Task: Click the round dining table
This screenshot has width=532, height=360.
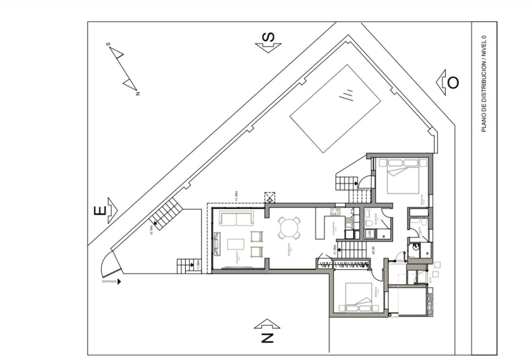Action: (x=289, y=228)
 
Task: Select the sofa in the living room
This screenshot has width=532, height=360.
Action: (x=237, y=219)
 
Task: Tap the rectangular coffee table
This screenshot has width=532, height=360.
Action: (x=236, y=245)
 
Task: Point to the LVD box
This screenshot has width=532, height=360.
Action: (x=368, y=234)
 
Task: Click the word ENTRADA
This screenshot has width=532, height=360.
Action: (x=109, y=281)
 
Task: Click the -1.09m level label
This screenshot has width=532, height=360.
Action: (x=198, y=266)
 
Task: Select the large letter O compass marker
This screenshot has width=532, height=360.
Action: (x=453, y=82)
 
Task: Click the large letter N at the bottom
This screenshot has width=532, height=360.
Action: (x=267, y=338)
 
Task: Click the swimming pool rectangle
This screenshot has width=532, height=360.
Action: (x=335, y=109)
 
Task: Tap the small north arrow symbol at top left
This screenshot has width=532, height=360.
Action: (x=124, y=69)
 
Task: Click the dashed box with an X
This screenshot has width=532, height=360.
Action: (x=270, y=197)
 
